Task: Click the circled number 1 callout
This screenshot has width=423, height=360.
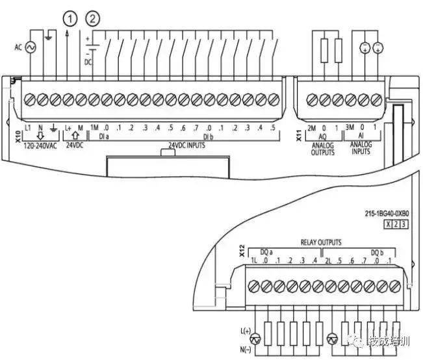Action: pyautogui.click(x=70, y=19)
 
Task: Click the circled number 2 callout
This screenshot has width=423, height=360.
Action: pyautogui.click(x=95, y=19)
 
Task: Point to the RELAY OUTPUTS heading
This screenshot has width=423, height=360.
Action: pyautogui.click(x=321, y=242)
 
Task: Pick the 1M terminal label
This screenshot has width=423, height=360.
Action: pyautogui.click(x=94, y=128)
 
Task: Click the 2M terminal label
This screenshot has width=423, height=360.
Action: pyautogui.click(x=311, y=128)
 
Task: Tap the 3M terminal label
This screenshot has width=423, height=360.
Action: pyautogui.click(x=350, y=128)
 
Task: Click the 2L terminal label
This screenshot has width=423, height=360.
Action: pyautogui.click(x=329, y=261)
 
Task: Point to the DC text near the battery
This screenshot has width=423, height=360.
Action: pyautogui.click(x=89, y=62)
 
